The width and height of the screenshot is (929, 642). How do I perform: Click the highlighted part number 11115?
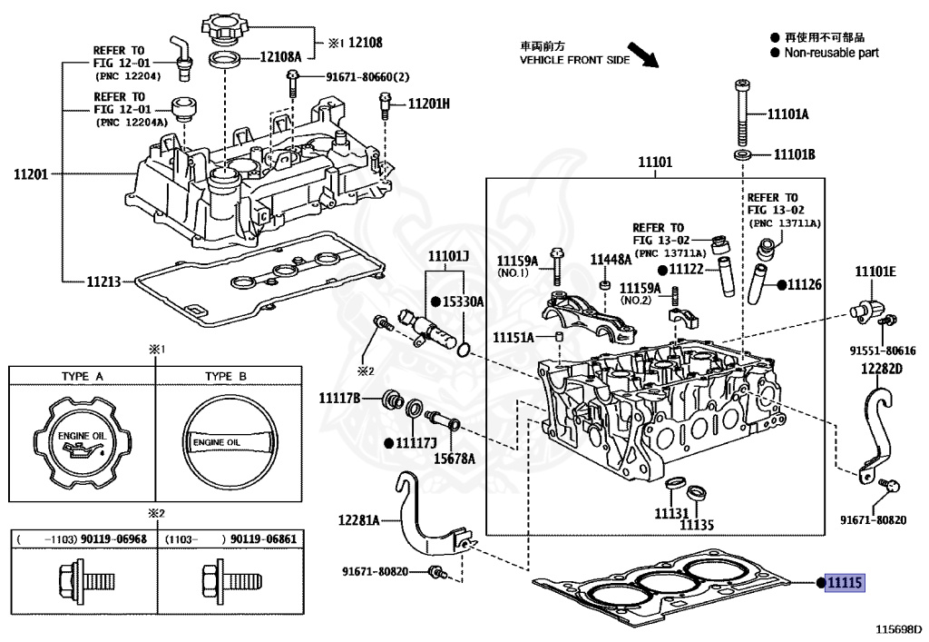845,583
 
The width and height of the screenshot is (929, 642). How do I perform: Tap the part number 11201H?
429,104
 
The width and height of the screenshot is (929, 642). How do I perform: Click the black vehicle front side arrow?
643,54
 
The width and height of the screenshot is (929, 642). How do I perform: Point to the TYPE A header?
82,377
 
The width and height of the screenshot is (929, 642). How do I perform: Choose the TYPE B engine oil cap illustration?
229,442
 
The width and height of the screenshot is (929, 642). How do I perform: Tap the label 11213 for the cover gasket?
103,281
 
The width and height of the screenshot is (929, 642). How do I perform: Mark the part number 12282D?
882,369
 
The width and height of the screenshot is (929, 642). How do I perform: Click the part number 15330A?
464,301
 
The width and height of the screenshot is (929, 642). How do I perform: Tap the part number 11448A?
611,259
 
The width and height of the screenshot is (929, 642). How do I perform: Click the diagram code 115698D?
899,628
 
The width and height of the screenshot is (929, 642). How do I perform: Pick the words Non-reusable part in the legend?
831,53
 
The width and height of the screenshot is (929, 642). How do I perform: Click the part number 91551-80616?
883,351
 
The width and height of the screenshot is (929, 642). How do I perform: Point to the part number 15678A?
455,459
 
